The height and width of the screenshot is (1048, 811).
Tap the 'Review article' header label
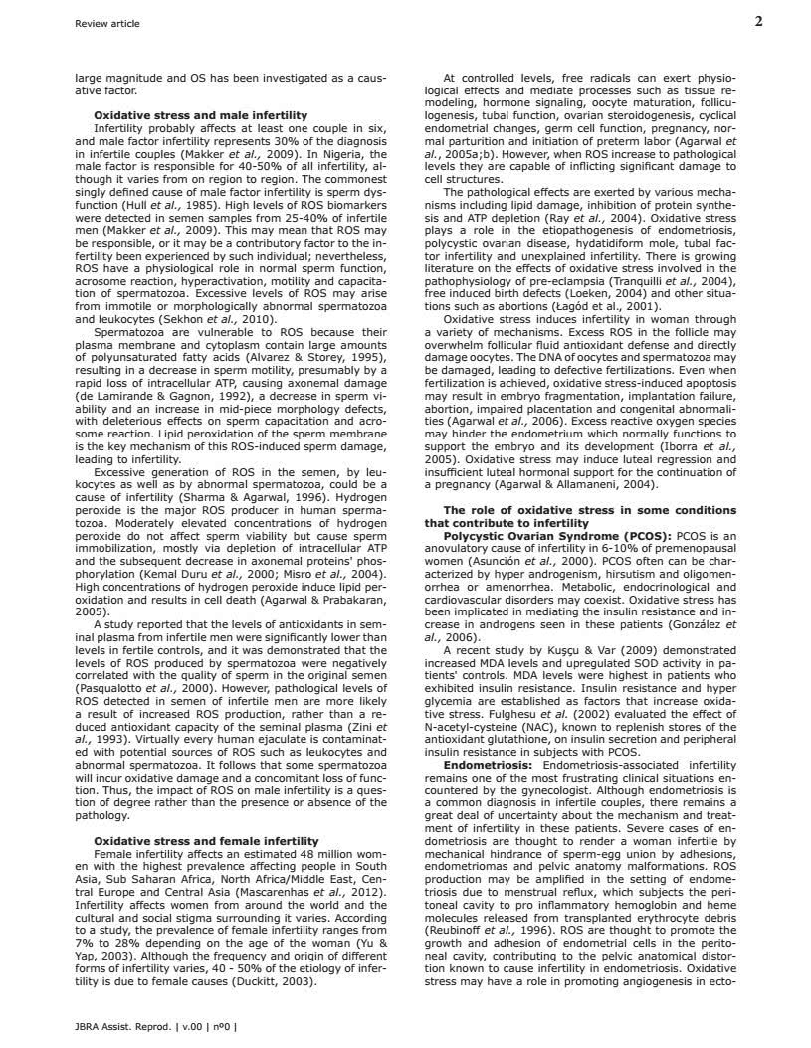107,23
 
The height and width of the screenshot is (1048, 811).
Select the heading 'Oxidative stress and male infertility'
200,116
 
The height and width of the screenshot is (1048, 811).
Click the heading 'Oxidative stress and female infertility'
206,841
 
